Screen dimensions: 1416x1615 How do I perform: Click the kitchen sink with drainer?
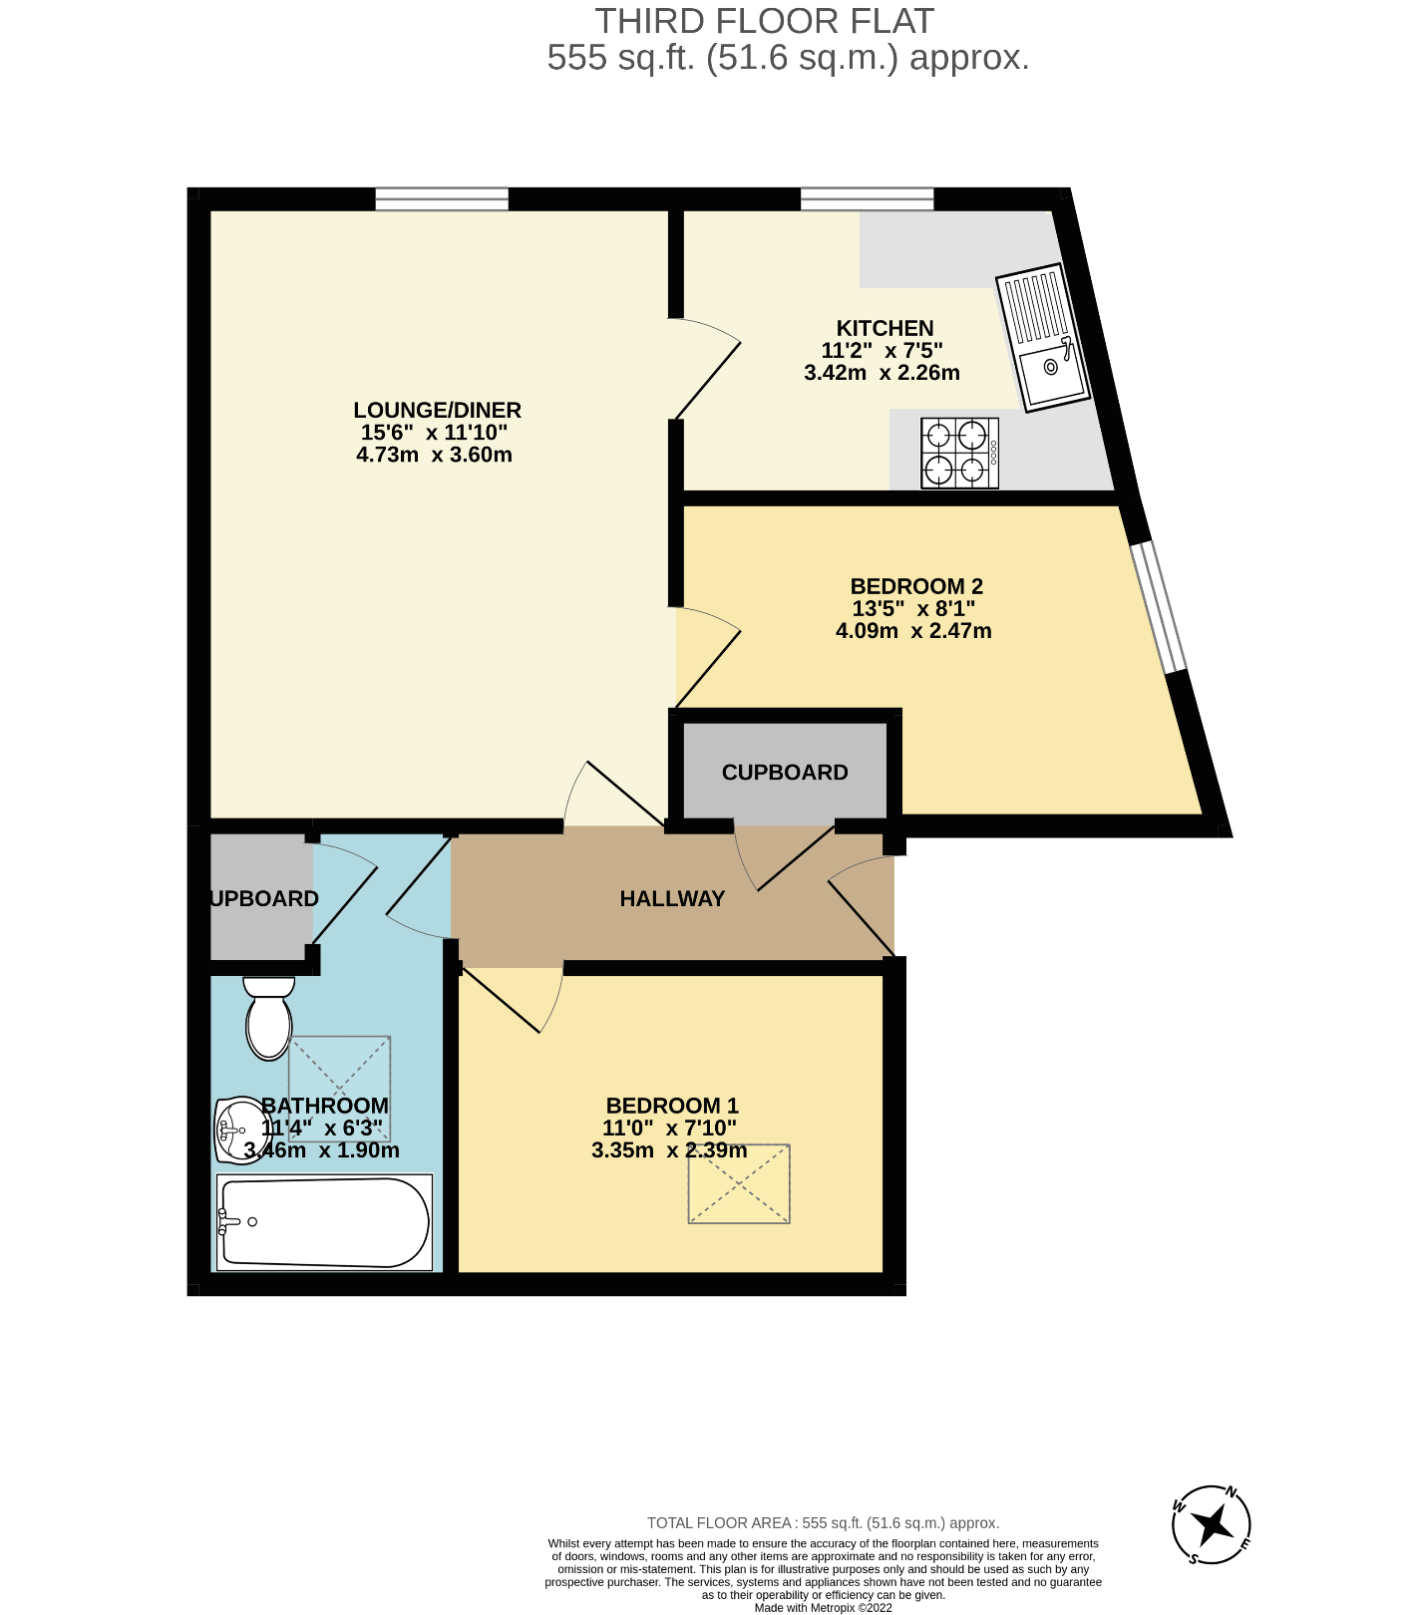coord(1042,337)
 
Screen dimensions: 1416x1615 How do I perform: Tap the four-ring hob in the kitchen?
coord(959,453)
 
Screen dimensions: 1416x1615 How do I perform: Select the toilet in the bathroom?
coord(269,1018)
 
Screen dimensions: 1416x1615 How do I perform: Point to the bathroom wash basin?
coord(236,1130)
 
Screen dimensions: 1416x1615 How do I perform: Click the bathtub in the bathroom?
coord(325,1222)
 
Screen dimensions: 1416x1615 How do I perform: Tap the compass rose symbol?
coord(1212,1524)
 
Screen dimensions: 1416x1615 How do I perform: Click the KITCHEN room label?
coord(885,328)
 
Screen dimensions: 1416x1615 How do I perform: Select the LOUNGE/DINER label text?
coord(437,410)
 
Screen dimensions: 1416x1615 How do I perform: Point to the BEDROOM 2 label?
coord(916,586)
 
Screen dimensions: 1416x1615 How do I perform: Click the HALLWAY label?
coord(672,898)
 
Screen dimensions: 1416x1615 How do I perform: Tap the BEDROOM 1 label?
coord(672,1106)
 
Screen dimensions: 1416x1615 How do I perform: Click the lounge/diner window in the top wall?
coord(442,199)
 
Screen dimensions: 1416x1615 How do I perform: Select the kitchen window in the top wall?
coord(868,199)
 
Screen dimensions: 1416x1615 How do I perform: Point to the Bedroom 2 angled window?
coord(1159,607)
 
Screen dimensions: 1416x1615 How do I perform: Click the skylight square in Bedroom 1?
coord(739,1183)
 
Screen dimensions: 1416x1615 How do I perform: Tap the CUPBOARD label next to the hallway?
coord(785,773)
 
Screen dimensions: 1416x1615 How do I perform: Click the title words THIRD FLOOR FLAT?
coord(765,21)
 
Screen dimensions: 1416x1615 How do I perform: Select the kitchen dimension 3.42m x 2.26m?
coord(882,373)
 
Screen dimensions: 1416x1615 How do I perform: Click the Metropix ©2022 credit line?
coord(824,1608)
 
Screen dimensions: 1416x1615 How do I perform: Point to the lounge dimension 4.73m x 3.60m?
coord(434,455)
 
